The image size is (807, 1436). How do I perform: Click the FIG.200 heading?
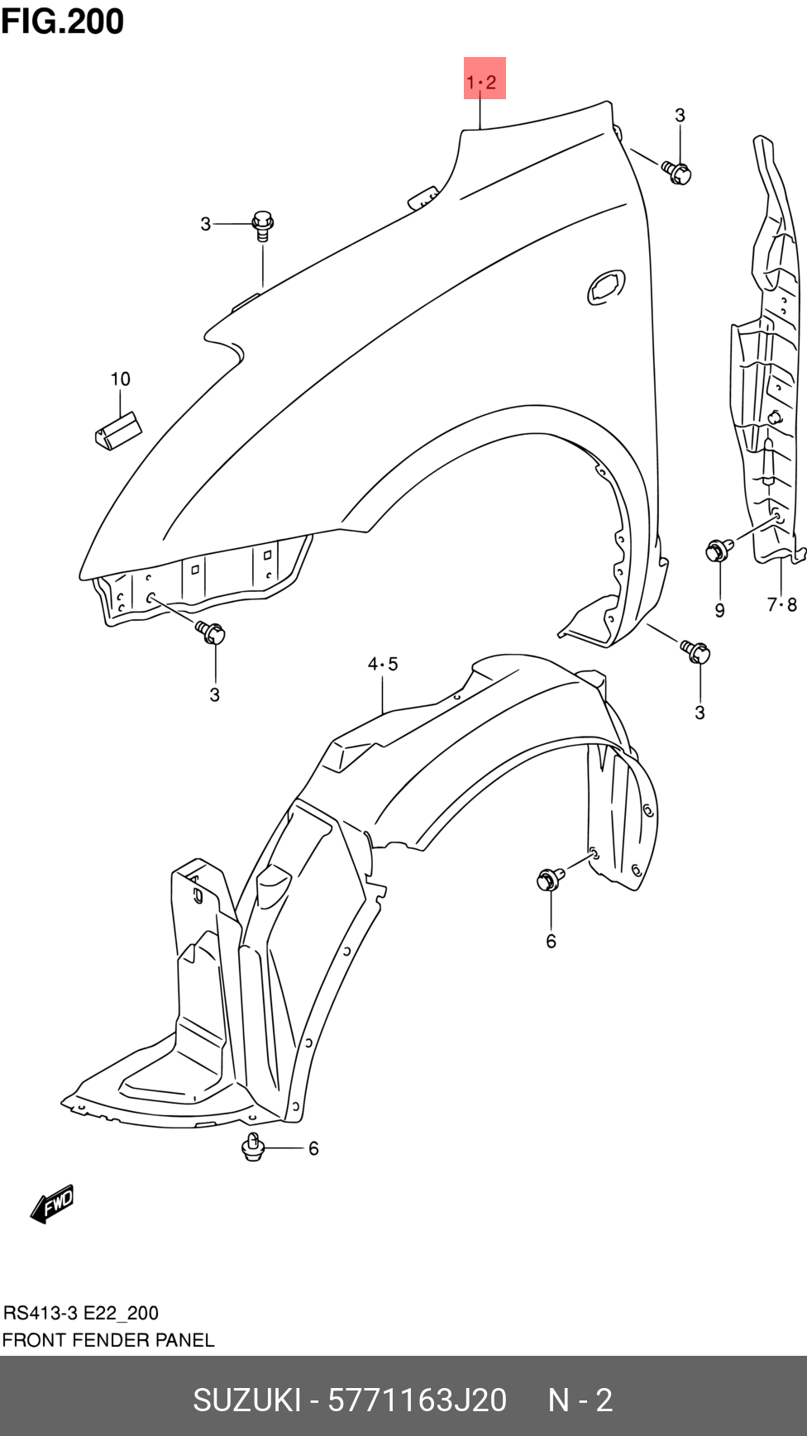tap(63, 21)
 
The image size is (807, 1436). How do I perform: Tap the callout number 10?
tap(121, 379)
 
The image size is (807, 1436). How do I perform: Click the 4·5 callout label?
tap(383, 663)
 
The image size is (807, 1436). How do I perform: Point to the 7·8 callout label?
tap(781, 604)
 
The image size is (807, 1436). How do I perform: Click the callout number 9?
tap(719, 610)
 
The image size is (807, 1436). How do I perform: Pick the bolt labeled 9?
tap(719, 549)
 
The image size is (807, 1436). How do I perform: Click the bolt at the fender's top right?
tap(676, 172)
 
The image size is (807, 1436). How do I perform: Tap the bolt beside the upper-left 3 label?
tap(262, 225)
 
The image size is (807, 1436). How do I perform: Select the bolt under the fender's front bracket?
tap(210, 632)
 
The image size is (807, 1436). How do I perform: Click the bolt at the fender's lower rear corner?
tap(695, 651)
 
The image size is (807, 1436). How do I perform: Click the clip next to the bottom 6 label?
tap(253, 1147)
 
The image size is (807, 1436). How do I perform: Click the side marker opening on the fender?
tap(606, 286)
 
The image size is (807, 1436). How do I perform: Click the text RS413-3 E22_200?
tap(81, 1313)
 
